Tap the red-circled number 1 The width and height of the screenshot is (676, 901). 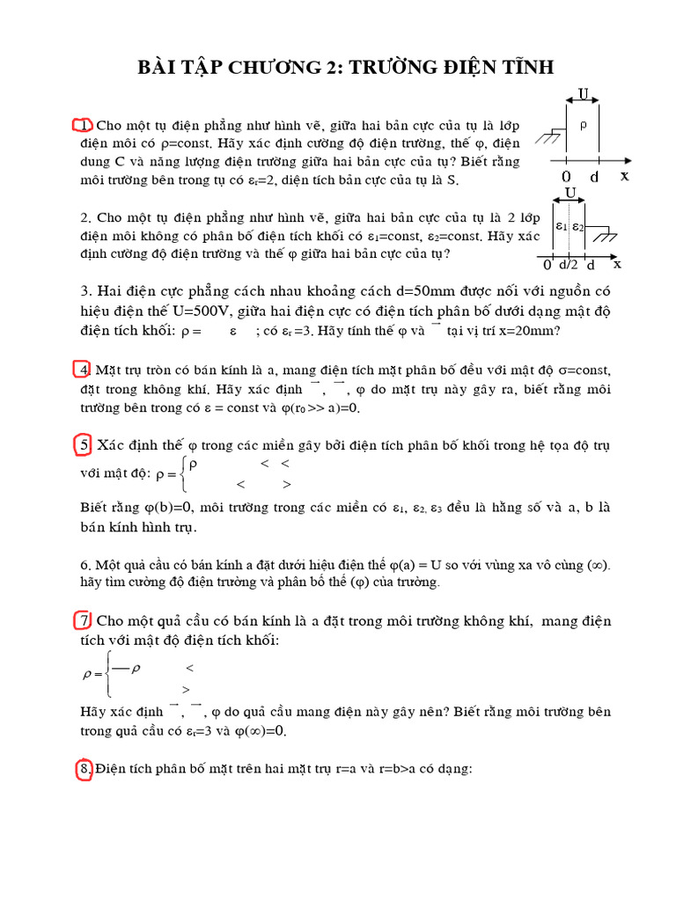coord(83,124)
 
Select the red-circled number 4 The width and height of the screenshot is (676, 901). coord(84,369)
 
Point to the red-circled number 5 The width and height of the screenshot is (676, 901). coord(84,446)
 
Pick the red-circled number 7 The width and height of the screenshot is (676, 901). coord(84,621)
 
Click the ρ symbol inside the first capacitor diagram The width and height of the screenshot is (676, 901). coord(584,124)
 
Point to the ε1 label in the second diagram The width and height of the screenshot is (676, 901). coord(560,226)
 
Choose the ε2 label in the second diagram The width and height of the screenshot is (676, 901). coord(577,226)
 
